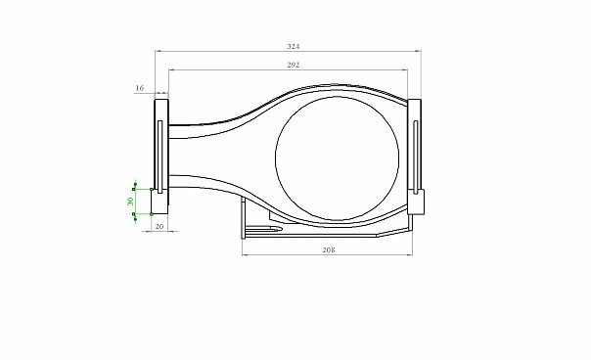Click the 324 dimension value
coord(294,46)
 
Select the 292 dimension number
coord(294,65)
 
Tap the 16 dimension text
coord(140,88)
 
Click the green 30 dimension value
coord(131,201)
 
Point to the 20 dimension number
coord(159,226)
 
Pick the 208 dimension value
coord(329,249)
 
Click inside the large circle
coord(337,158)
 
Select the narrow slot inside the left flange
coord(159,157)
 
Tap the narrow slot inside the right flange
coord(415,157)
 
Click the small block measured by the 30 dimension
coord(159,202)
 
